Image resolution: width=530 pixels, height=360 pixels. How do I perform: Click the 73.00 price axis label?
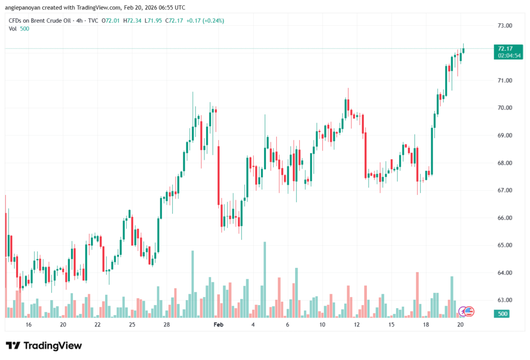coord(505,25)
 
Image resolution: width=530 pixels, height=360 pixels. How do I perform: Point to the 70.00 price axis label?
coord(505,108)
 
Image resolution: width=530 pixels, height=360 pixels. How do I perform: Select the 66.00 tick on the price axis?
coord(505,218)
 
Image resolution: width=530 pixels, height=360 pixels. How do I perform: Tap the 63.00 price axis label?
coord(505,300)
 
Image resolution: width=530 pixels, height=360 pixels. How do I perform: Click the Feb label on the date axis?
coord(218,325)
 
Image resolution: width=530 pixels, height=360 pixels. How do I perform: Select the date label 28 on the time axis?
coord(167,325)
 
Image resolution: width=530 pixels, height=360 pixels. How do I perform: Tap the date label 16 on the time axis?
coord(28,325)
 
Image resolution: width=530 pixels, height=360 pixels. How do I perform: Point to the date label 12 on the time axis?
coord(357,325)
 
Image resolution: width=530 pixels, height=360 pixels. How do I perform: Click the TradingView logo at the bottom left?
coord(44,346)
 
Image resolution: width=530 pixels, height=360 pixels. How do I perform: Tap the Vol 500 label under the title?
coord(19,28)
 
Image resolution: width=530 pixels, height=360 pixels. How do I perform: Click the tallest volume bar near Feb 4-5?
coord(264,279)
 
